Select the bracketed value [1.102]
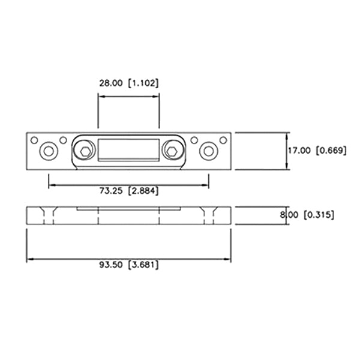[x=144, y=83]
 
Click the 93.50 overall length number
[x=112, y=265]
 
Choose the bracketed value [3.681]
[x=144, y=265]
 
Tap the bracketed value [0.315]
[x=319, y=214]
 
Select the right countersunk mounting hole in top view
[x=209, y=151]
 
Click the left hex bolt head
[x=85, y=150]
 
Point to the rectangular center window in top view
[x=128, y=150]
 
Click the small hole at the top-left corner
[x=34, y=140]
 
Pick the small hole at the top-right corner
[x=223, y=140]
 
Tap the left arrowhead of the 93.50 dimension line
[x=29, y=260]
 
